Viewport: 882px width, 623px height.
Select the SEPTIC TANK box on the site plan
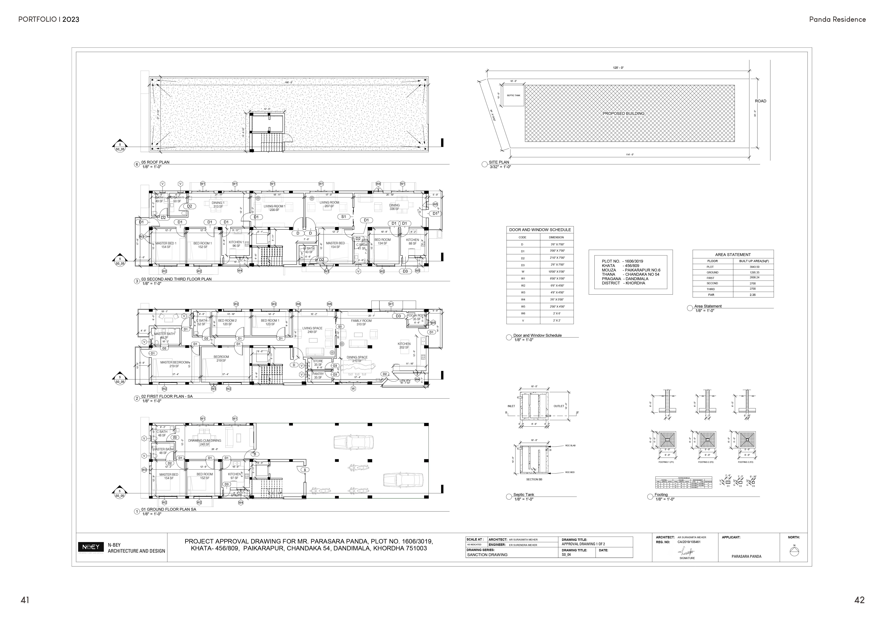(x=513, y=95)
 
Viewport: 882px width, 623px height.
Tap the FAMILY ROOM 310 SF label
(x=361, y=322)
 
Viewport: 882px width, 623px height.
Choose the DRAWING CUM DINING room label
(x=204, y=442)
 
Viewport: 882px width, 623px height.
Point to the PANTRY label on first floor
(x=318, y=375)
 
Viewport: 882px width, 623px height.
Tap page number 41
(x=25, y=600)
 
